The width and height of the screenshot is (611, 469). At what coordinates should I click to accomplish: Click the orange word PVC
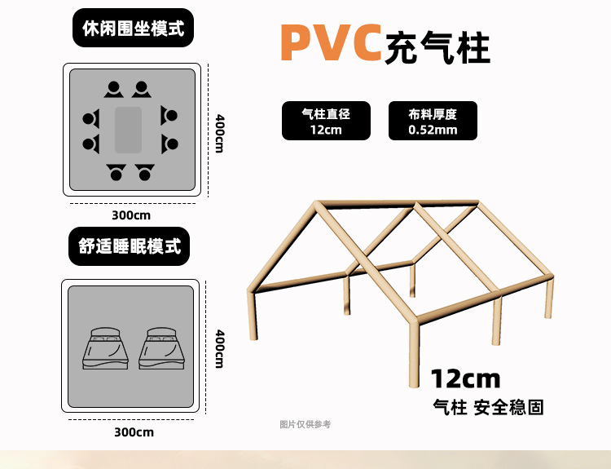click(x=331, y=44)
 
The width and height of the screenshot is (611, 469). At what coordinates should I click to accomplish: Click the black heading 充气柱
click(x=439, y=47)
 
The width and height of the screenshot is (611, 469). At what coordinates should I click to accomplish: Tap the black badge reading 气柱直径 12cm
click(x=326, y=122)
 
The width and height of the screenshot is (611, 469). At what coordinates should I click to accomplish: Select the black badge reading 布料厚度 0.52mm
click(x=433, y=122)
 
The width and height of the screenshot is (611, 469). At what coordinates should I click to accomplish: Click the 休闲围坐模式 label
click(x=133, y=29)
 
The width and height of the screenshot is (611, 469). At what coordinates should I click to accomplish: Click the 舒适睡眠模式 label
click(x=130, y=246)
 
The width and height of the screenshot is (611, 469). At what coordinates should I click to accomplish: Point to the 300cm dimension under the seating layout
click(x=131, y=215)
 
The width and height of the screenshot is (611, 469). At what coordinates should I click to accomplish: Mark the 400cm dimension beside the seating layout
click(x=219, y=132)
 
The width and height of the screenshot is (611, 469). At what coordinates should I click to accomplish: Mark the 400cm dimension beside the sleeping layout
click(x=219, y=347)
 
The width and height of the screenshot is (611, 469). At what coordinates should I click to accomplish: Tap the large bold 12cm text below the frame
click(x=465, y=378)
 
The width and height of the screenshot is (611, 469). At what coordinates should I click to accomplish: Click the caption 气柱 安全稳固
click(x=488, y=406)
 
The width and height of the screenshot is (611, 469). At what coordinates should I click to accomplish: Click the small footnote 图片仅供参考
click(x=305, y=424)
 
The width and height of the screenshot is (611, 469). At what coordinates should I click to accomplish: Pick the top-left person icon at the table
click(x=113, y=89)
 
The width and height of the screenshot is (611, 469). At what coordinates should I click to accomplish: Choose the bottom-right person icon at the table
click(x=145, y=171)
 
